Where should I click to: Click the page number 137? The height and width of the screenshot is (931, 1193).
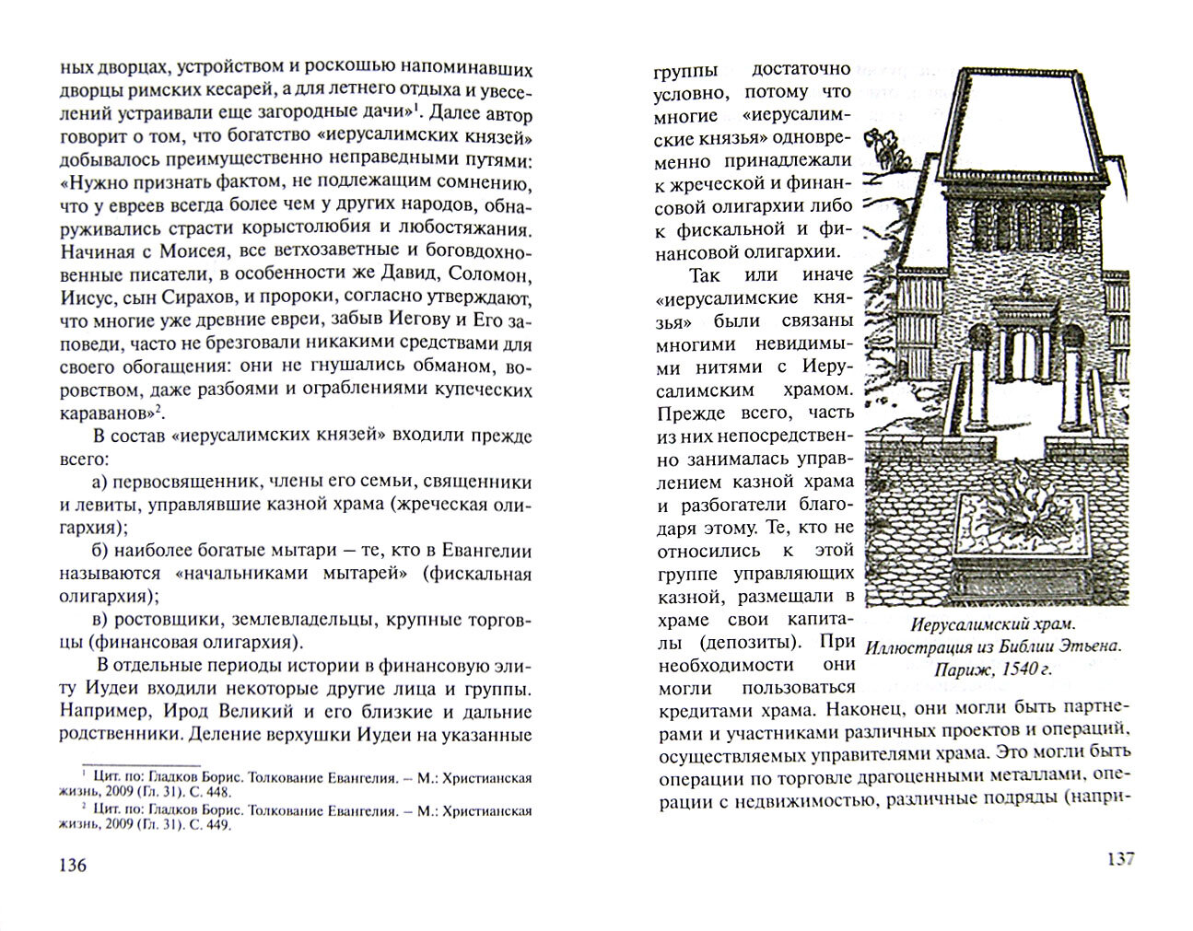pos(1119,858)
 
